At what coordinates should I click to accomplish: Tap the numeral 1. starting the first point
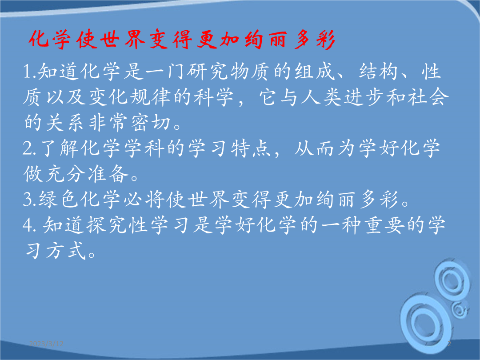tap(30, 72)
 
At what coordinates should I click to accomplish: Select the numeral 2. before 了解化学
tap(30, 149)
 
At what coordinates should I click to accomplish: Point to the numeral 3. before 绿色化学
tap(30, 200)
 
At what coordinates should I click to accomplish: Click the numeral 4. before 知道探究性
tap(30, 225)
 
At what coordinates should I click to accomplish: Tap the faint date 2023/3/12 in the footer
tap(46, 344)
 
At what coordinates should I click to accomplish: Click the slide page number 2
tap(449, 344)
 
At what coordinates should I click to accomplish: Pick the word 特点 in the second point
tap(250, 149)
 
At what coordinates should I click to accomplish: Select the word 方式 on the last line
tap(65, 251)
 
